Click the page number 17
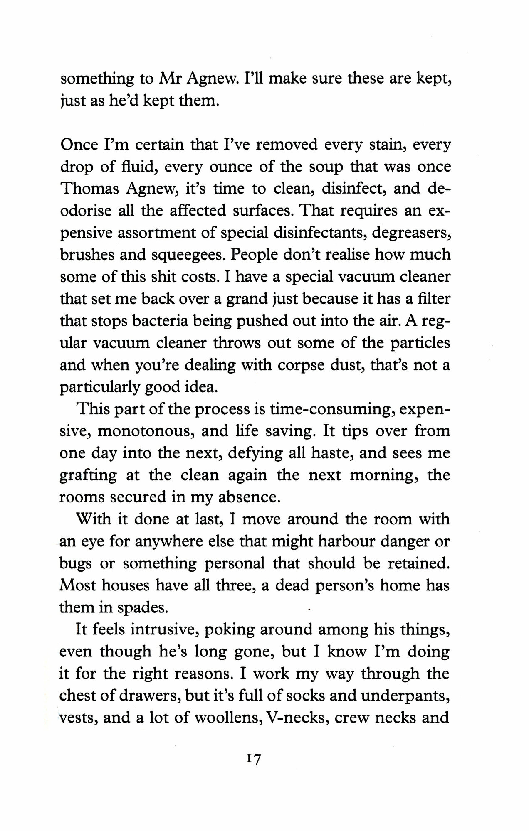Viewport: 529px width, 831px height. click(253, 760)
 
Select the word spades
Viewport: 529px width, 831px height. click(143, 608)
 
